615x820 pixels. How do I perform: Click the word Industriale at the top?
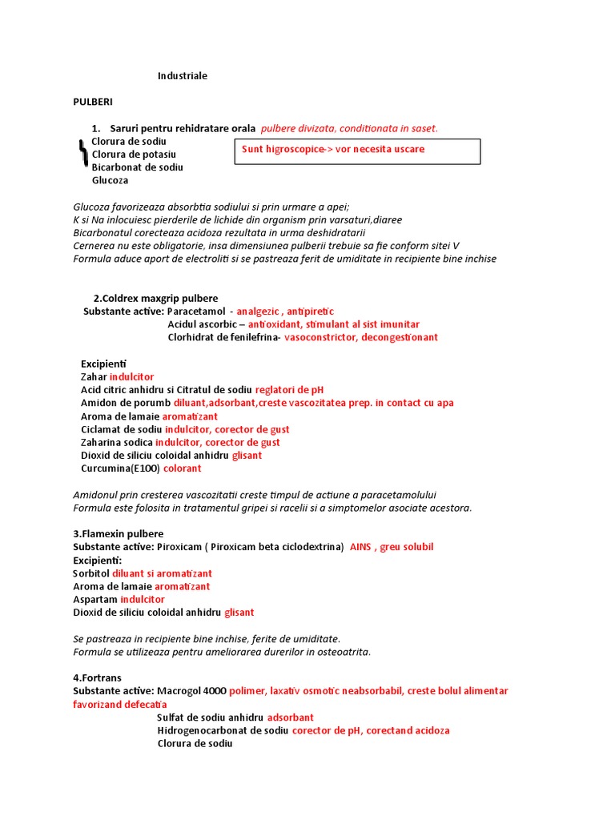[x=182, y=76]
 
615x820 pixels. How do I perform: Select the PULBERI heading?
[x=93, y=102]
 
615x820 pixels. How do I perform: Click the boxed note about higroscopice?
[x=357, y=151]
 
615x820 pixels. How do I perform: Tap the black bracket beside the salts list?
[x=82, y=153]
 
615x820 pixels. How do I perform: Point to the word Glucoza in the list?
[x=111, y=180]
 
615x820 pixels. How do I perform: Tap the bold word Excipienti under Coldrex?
[x=103, y=364]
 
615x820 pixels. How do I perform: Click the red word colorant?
[x=183, y=468]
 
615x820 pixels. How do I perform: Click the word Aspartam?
[x=95, y=599]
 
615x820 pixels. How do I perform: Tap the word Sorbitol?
[x=91, y=573]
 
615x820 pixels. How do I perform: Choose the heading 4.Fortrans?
[x=97, y=677]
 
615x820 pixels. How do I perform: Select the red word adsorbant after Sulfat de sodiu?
[x=290, y=717]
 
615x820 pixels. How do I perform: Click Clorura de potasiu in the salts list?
[x=134, y=154]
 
